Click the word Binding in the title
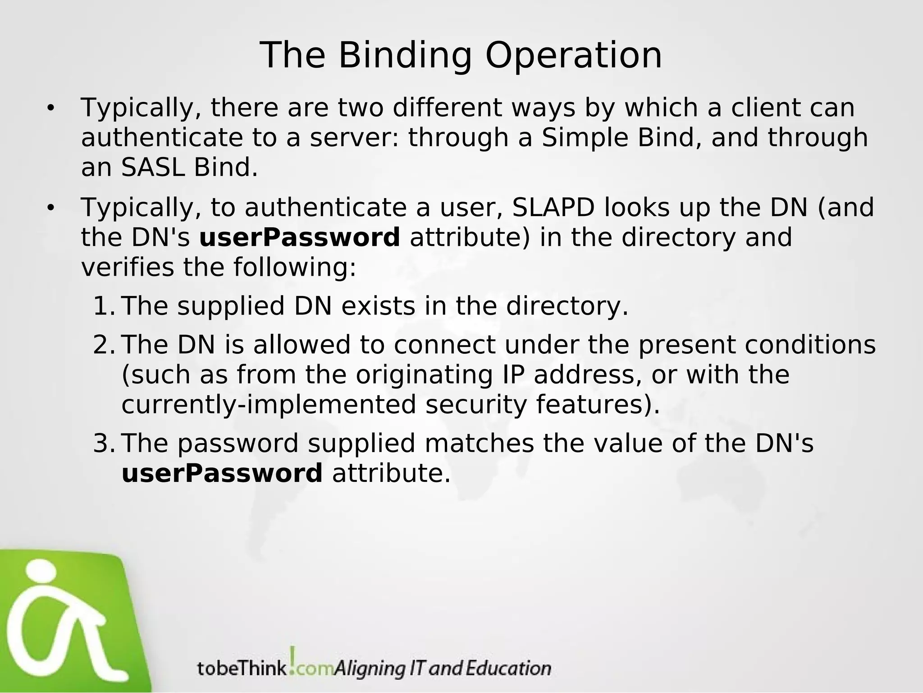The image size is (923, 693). coord(404,56)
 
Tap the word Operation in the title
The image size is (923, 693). coord(573,56)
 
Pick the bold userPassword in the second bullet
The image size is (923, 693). coord(300,238)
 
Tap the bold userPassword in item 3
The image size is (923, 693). coord(222,473)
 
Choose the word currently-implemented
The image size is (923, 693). coord(269,405)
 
